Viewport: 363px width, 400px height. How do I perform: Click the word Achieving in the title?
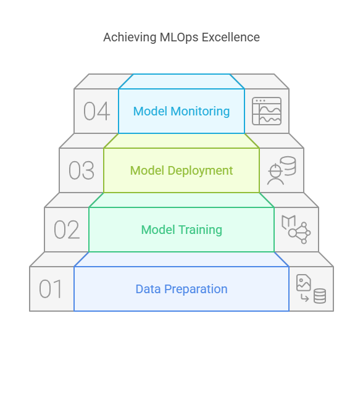pyautogui.click(x=130, y=38)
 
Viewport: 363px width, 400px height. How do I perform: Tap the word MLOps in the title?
pyautogui.click(x=179, y=38)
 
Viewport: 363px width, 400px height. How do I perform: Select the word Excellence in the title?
pyautogui.click(x=231, y=37)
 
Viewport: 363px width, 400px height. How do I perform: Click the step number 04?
pyautogui.click(x=97, y=111)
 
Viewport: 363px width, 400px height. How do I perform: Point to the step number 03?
pyautogui.click(x=81, y=170)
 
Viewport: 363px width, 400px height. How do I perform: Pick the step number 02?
pyautogui.click(x=67, y=230)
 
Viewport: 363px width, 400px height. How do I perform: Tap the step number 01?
pyautogui.click(x=51, y=289)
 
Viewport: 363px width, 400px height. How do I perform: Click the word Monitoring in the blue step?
pyautogui.click(x=200, y=112)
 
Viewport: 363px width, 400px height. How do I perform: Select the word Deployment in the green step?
pyautogui.click(x=200, y=170)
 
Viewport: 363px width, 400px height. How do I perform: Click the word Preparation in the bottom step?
pyautogui.click(x=196, y=290)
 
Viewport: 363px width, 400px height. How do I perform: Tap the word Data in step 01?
pyautogui.click(x=148, y=289)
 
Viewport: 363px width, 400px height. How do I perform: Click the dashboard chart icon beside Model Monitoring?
pyautogui.click(x=267, y=111)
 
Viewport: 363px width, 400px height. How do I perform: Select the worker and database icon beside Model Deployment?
pyautogui.click(x=282, y=170)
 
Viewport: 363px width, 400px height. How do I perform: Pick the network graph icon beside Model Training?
pyautogui.click(x=296, y=230)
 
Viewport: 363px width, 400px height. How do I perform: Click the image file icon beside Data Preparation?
pyautogui.click(x=304, y=283)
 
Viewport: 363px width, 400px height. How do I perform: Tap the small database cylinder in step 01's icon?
pyautogui.click(x=320, y=296)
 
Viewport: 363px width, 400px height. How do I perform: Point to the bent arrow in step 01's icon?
pyautogui.click(x=304, y=298)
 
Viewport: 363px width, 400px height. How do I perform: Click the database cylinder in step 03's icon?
pyautogui.click(x=288, y=166)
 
